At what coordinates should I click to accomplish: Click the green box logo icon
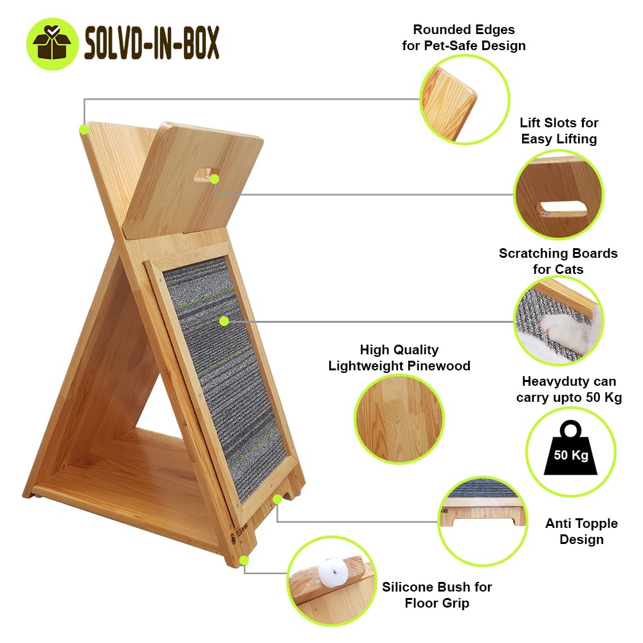click(52, 44)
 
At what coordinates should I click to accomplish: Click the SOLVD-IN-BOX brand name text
click(152, 42)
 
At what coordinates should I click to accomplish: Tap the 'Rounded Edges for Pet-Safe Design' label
click(464, 37)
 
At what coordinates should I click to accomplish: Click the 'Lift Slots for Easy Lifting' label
click(559, 131)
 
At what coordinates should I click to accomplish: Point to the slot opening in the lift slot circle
click(563, 208)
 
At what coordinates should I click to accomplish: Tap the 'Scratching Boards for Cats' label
click(558, 261)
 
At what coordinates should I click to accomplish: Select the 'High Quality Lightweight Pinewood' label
click(399, 358)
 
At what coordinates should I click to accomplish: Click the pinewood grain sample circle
click(399, 419)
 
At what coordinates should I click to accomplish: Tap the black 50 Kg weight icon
click(570, 448)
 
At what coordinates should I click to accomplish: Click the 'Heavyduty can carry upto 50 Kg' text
click(569, 389)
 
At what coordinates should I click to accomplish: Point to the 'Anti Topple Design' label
click(581, 531)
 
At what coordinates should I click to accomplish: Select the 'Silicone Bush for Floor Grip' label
click(437, 595)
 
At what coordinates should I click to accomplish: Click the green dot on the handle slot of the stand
click(215, 179)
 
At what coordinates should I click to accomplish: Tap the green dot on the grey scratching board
click(224, 321)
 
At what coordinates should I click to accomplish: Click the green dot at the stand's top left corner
click(84, 130)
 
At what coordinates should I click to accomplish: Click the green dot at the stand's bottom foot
click(244, 560)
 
